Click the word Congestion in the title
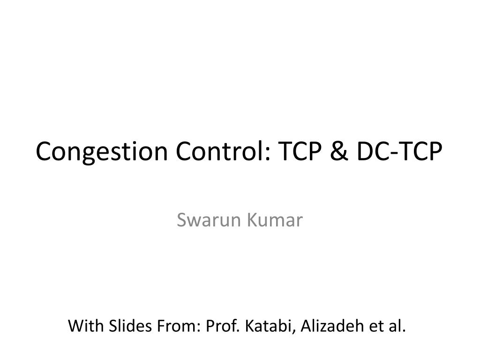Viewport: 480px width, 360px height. point(102,152)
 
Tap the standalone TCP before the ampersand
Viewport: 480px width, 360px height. point(300,150)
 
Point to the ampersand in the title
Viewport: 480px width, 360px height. point(339,151)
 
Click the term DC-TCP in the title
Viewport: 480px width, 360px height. point(399,150)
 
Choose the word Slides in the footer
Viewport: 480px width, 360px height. point(130,326)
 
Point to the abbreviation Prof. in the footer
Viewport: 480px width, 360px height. point(222,326)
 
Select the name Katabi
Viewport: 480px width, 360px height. point(268,326)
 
